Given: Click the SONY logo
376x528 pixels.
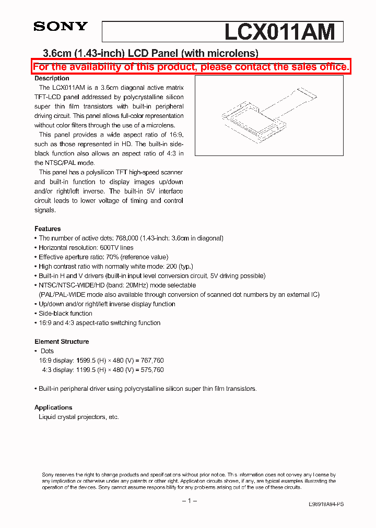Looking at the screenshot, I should coord(61,27).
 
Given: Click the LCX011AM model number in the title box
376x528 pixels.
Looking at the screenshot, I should coord(279,32).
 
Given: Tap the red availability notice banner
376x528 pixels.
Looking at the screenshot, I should coord(191,67).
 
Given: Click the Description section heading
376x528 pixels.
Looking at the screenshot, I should coord(52,78).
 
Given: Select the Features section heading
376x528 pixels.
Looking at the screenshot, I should coord(48,229).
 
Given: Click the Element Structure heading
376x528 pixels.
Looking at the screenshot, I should coord(62,342).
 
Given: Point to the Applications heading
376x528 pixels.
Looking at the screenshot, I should coord(53,407).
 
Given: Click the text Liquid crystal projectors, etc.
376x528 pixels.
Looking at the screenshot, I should coord(79,417).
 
